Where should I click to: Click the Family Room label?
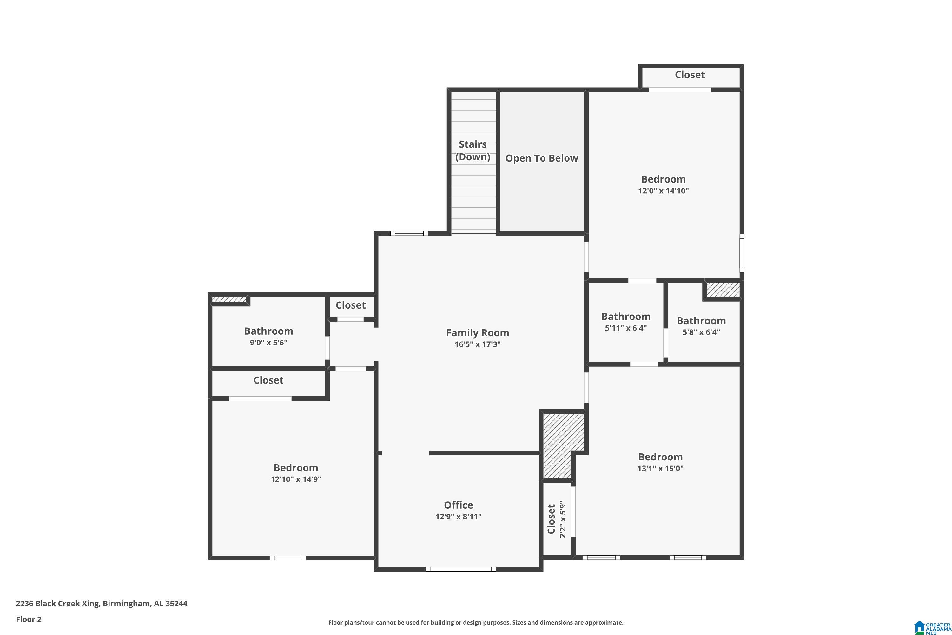[x=477, y=333]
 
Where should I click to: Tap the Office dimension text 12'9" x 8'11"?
[x=458, y=517]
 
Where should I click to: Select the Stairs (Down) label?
[x=473, y=150]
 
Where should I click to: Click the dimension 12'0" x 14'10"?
[x=663, y=191]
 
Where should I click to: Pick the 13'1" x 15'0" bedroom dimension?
[x=660, y=469]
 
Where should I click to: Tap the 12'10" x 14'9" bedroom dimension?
[x=295, y=479]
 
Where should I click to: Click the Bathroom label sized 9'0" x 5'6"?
[x=268, y=331]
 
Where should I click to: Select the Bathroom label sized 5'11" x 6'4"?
[x=625, y=317]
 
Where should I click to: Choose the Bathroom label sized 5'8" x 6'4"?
[x=701, y=321]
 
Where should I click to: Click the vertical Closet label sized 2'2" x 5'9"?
[x=551, y=519]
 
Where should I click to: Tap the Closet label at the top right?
[x=689, y=75]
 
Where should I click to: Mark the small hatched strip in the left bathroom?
[x=229, y=300]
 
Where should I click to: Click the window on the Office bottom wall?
[x=461, y=569]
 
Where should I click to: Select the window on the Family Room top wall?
[x=409, y=233]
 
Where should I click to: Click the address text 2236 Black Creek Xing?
[x=101, y=604]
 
